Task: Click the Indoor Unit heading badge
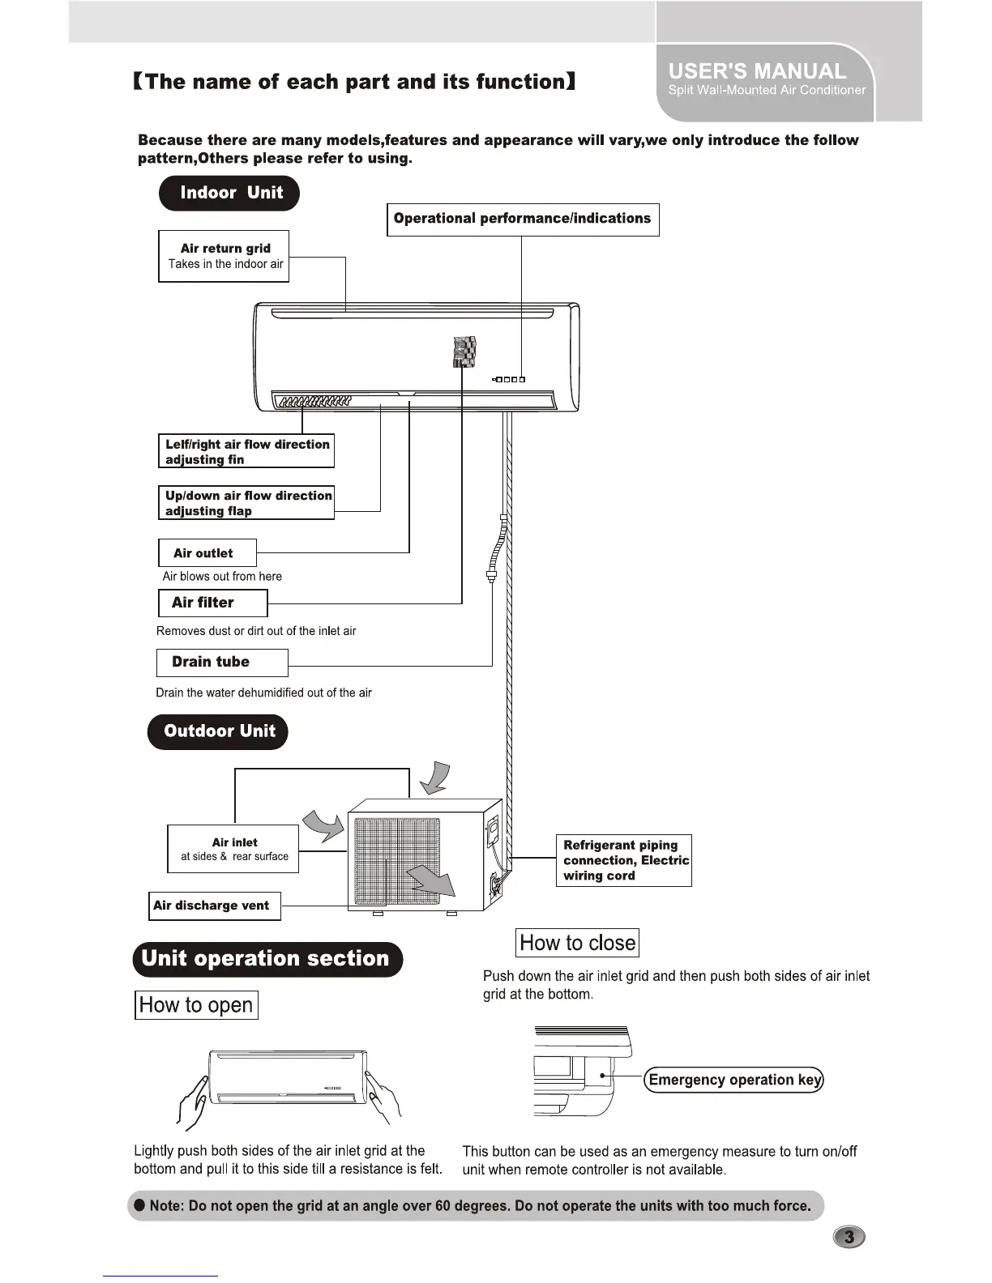point(229,194)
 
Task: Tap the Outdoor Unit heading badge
point(218,731)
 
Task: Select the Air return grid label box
point(224,256)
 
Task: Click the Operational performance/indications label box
point(523,220)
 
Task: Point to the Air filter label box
point(212,603)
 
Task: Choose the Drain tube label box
point(221,663)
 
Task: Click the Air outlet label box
point(207,553)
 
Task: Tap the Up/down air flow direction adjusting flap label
point(246,503)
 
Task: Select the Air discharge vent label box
point(215,906)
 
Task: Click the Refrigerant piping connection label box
point(623,860)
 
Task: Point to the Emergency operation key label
point(734,1080)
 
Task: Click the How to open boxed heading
point(196,1005)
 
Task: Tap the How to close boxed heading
point(577,943)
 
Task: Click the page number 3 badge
point(849,1237)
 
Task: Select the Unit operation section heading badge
point(267,959)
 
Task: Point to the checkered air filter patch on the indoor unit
point(464,351)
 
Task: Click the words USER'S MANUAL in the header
point(757,71)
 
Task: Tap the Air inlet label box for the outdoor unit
point(233,849)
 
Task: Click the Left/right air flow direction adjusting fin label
point(246,451)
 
